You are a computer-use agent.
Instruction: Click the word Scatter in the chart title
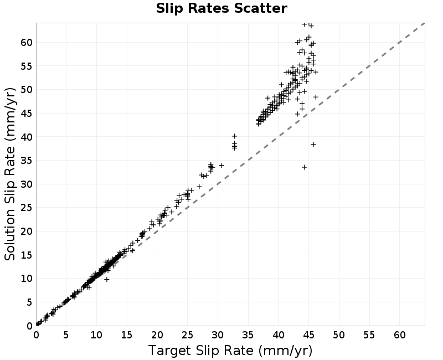260,8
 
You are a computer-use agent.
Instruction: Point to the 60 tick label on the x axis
399,335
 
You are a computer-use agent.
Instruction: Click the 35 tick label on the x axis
248,335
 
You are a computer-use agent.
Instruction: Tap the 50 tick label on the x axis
339,335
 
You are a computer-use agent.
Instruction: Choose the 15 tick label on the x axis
127,335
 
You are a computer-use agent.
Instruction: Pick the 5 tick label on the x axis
66,335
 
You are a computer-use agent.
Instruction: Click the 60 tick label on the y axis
27,43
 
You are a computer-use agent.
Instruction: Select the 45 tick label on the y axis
27,114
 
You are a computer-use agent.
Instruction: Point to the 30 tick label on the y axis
27,184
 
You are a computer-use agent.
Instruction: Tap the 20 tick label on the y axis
27,232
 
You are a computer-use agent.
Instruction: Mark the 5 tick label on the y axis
30,302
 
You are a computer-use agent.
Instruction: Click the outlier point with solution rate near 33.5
304,167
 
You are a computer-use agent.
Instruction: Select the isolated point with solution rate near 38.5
313,145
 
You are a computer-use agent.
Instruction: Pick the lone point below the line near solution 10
106,279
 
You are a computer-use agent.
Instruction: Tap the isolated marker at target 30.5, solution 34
222,165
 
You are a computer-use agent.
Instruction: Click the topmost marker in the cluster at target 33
234,136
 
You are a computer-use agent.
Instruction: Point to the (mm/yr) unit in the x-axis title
285,351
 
